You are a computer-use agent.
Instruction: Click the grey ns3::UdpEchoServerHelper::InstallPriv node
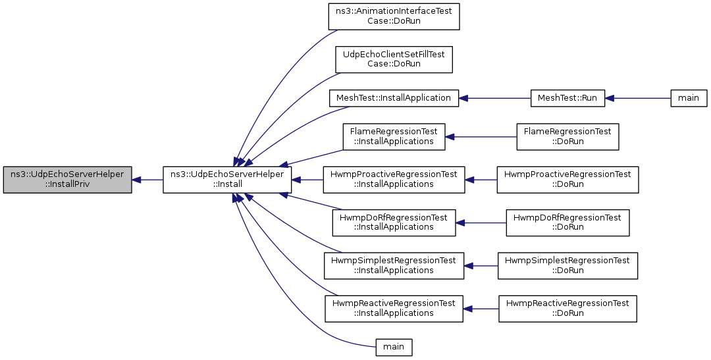[x=68, y=180]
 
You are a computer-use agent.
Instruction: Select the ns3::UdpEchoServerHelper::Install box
[x=227, y=180]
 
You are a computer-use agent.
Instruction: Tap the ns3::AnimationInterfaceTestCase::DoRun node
[x=394, y=16]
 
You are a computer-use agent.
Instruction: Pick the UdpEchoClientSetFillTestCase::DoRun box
[x=394, y=59]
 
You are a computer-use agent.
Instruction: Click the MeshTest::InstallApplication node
[x=394, y=98]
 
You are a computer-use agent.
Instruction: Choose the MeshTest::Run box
[x=567, y=98]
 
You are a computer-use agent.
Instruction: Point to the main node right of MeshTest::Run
[x=689, y=98]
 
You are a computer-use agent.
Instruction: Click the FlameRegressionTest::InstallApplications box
[x=394, y=136]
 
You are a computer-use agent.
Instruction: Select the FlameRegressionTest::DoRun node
[x=567, y=136]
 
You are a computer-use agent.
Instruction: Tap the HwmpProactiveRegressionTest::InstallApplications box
[x=394, y=180]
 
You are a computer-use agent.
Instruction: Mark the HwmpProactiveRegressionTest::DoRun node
[x=567, y=180]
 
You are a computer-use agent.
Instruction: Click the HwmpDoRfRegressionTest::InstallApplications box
[x=394, y=222]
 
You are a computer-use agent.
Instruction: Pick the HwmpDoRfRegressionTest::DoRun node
[x=567, y=222]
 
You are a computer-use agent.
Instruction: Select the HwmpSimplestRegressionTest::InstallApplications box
[x=394, y=266]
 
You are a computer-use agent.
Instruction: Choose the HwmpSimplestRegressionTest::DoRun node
[x=567, y=266]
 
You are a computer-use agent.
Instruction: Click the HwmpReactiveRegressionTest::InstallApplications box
[x=394, y=309]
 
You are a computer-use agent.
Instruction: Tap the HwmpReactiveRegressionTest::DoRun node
[x=567, y=309]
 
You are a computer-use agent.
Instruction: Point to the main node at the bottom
[x=394, y=347]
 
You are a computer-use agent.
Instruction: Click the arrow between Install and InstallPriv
[x=148, y=180]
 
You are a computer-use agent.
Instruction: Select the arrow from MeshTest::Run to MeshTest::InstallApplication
[x=494, y=98]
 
